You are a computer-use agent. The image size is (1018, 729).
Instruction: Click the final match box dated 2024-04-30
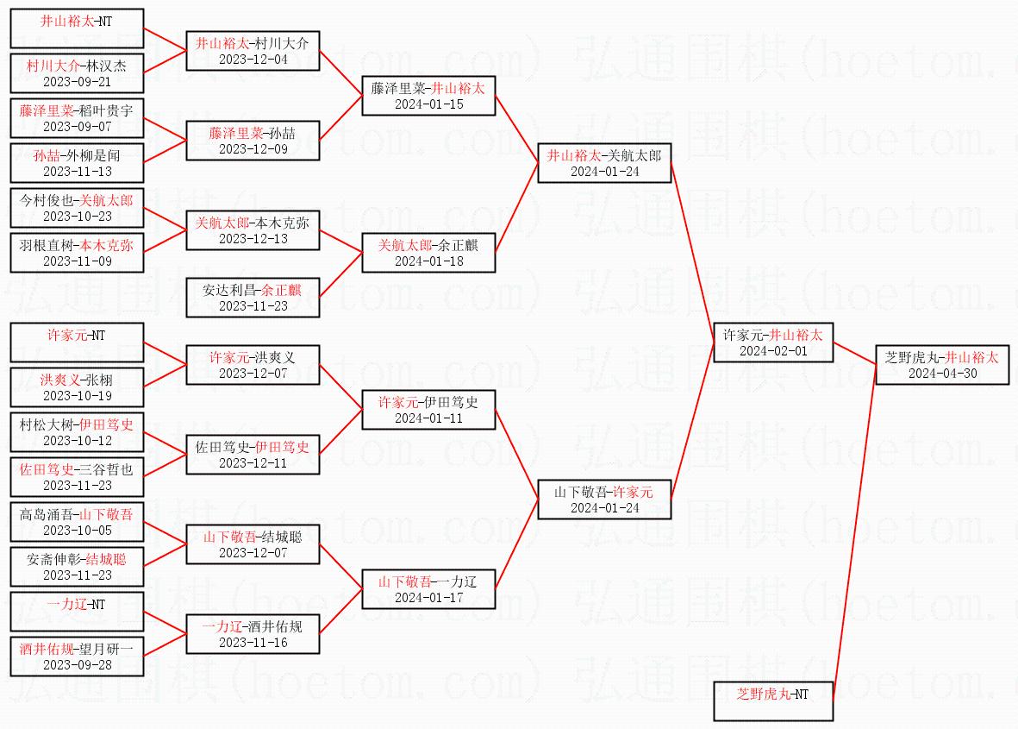pyautogui.click(x=941, y=365)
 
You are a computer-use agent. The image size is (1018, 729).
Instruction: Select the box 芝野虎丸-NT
pyautogui.click(x=773, y=701)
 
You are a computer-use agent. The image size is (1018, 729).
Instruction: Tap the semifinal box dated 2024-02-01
pyautogui.click(x=773, y=343)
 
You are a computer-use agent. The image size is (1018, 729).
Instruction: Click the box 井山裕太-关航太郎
pyautogui.click(x=604, y=163)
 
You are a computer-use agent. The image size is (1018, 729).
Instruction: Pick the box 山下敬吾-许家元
pyautogui.click(x=604, y=500)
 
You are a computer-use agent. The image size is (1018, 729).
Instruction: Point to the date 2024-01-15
pyautogui.click(x=428, y=104)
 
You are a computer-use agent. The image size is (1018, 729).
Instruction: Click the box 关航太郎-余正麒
pyautogui.click(x=428, y=253)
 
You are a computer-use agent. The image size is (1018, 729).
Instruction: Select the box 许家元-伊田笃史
pyautogui.click(x=428, y=410)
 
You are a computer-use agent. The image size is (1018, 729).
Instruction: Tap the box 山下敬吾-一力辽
pyautogui.click(x=428, y=589)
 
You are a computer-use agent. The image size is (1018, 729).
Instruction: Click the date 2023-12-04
pyautogui.click(x=253, y=60)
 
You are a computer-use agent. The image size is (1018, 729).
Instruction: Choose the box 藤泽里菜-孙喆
pyautogui.click(x=253, y=141)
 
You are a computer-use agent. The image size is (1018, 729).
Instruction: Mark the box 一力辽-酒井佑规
pyautogui.click(x=253, y=634)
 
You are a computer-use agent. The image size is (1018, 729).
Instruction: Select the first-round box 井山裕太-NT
pyautogui.click(x=77, y=28)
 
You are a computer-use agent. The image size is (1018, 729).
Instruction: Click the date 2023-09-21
pyautogui.click(x=77, y=82)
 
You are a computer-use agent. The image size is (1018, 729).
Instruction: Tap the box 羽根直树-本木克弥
pyautogui.click(x=77, y=253)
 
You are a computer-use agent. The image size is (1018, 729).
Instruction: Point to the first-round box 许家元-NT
pyautogui.click(x=77, y=343)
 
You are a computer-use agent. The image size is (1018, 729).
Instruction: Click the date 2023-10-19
pyautogui.click(x=77, y=396)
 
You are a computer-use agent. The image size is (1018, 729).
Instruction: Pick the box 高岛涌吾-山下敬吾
pyautogui.click(x=77, y=522)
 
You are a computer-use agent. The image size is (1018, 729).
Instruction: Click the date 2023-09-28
pyautogui.click(x=77, y=665)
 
